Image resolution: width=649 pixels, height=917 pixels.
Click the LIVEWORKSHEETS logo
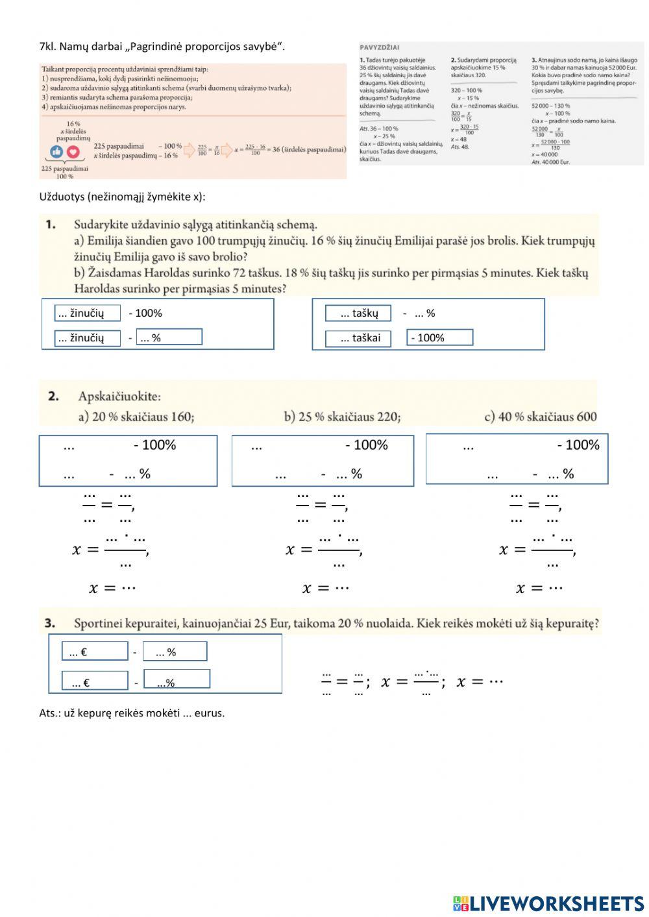tap(548, 903)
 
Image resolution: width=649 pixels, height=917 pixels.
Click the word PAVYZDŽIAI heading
tap(380, 47)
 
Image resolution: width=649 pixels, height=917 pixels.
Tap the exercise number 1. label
tap(51, 225)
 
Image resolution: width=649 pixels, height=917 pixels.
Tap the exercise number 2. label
tap(53, 396)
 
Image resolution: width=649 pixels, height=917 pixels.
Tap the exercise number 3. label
tap(50, 623)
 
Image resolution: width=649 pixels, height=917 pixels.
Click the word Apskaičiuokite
tap(119, 396)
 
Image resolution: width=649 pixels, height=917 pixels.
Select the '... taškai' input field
tap(358, 338)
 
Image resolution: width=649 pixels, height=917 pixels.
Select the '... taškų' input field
tap(358, 313)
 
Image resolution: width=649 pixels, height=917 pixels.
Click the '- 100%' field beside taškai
tap(439, 337)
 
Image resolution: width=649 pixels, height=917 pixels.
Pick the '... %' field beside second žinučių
tap(169, 337)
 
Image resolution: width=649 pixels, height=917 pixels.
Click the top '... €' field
tap(95, 652)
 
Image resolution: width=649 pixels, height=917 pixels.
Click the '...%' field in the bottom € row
tap(177, 679)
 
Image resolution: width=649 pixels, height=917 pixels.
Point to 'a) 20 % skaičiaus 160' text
tap(136, 417)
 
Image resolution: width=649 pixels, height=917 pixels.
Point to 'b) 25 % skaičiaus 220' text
tap(342, 417)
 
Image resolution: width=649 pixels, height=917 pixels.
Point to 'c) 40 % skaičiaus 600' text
tap(540, 417)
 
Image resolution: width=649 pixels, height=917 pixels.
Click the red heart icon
tap(73, 152)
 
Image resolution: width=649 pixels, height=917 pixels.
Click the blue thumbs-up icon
tap(57, 152)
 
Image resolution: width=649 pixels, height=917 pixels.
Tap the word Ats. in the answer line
tap(49, 713)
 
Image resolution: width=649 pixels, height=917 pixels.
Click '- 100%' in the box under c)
tap(578, 445)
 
